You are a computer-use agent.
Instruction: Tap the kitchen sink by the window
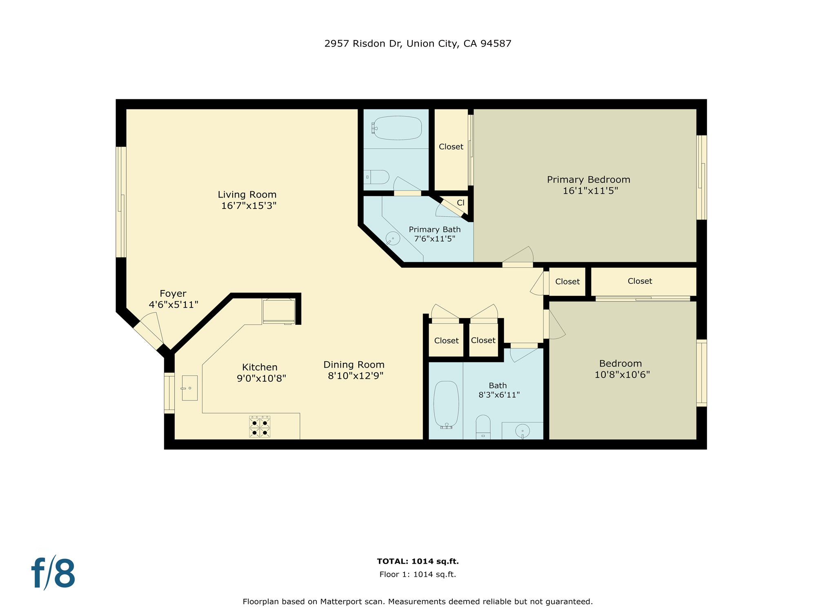pyautogui.click(x=189, y=388)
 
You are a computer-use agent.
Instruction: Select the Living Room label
pyautogui.click(x=247, y=195)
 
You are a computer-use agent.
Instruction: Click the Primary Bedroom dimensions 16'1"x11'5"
pyautogui.click(x=590, y=191)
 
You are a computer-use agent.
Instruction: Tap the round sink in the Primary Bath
pyautogui.click(x=393, y=238)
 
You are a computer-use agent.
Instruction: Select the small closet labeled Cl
pyautogui.click(x=460, y=203)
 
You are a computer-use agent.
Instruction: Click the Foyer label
pyautogui.click(x=173, y=293)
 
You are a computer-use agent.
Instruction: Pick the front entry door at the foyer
pyautogui.click(x=149, y=335)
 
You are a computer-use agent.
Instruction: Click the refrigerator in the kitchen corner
pyautogui.click(x=279, y=311)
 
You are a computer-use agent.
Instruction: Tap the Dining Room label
pyautogui.click(x=354, y=364)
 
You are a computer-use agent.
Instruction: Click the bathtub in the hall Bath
pyautogui.click(x=446, y=404)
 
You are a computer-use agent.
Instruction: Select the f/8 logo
pyautogui.click(x=53, y=573)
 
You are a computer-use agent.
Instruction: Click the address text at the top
pyautogui.click(x=418, y=44)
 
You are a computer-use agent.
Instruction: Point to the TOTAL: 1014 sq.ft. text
pyautogui.click(x=418, y=561)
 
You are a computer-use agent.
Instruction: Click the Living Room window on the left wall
pyautogui.click(x=121, y=202)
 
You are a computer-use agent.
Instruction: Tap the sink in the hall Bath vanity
pyautogui.click(x=522, y=431)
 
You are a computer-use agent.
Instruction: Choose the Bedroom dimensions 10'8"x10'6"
pyautogui.click(x=622, y=375)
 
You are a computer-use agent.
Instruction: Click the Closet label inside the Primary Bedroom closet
pyautogui.click(x=451, y=147)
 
